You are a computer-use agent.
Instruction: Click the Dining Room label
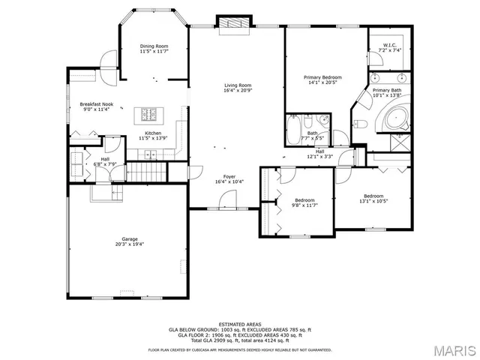[x=153, y=46]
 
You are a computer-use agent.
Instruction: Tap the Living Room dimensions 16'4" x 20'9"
[x=237, y=90]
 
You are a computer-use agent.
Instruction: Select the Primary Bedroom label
[x=322, y=78]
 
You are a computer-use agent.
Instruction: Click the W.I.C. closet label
[x=389, y=45]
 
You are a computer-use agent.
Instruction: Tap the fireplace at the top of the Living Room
[x=230, y=25]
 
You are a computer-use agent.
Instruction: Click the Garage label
[x=130, y=239]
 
